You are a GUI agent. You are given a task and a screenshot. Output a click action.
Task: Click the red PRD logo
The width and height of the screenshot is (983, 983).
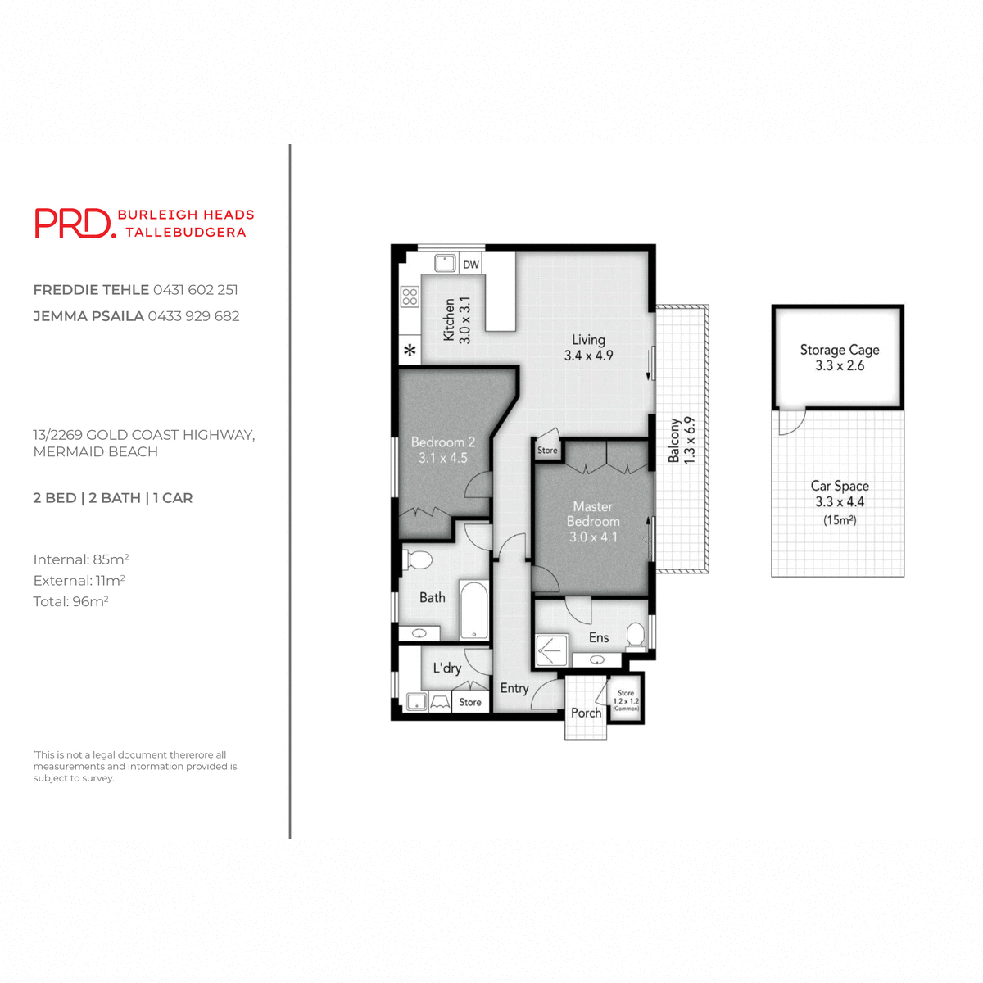74,223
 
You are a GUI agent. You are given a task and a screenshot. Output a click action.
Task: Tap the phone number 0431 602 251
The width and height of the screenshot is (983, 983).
195,290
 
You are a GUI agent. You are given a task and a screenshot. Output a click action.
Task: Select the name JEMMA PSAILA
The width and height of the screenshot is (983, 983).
88,316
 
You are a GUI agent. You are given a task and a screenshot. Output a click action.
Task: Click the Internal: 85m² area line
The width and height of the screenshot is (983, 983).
80,559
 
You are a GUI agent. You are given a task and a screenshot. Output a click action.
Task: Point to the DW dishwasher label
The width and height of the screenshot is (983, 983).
470,265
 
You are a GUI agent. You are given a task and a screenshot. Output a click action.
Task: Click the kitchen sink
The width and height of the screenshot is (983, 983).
445,263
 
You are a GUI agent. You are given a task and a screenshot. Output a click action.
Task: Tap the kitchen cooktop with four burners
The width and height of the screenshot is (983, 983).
410,297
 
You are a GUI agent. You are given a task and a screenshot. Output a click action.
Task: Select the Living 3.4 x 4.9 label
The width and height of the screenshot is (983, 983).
588,347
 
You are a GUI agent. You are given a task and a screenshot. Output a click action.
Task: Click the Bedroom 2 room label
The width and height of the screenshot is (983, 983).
442,450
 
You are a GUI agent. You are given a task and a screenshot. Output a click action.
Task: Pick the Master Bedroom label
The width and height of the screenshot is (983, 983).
593,522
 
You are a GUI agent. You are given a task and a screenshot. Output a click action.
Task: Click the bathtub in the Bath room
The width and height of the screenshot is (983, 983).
473,609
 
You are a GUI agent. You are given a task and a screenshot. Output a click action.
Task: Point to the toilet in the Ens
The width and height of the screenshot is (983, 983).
636,635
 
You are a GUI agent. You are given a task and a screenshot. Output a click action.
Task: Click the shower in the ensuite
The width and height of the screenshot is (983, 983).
550,650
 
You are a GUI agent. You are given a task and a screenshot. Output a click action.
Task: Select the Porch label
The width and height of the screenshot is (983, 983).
586,713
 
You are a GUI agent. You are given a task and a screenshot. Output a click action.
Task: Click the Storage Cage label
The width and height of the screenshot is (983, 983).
839,357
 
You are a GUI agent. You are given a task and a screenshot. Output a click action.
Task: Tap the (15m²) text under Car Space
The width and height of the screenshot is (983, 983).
839,520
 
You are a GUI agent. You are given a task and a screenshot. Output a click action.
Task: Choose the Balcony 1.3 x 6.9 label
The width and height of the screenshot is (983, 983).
681,440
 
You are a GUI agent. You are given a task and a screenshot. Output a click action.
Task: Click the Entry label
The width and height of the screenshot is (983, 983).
514,688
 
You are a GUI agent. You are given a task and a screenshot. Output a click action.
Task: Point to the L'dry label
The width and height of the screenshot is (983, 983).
446,668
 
